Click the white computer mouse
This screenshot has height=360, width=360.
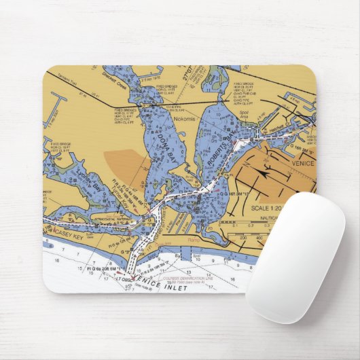coord(295,255)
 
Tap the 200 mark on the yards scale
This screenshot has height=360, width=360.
coord(244,238)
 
